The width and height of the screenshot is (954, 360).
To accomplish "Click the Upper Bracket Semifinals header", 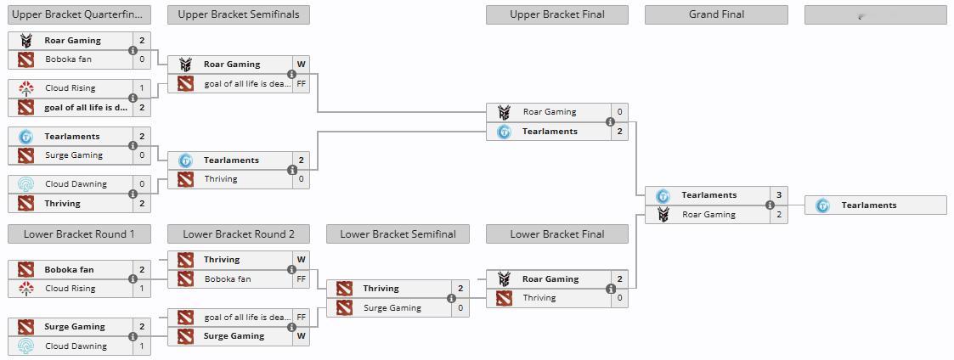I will point(239,14).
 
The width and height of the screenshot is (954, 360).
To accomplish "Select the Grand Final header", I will point(716,14).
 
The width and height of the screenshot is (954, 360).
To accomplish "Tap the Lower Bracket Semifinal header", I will point(398,234).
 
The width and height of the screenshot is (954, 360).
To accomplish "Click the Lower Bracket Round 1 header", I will point(79,234).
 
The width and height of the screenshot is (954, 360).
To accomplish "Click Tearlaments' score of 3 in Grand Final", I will point(778,195).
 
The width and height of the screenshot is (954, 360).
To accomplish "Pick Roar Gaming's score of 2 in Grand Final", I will point(778,215).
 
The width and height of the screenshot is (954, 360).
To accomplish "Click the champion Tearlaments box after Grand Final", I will point(875,205).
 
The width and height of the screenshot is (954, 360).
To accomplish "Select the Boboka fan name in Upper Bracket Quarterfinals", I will point(68,59).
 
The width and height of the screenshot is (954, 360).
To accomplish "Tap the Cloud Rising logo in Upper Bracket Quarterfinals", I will point(25,88).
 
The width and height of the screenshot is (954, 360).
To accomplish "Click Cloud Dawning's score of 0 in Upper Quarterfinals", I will point(142,184).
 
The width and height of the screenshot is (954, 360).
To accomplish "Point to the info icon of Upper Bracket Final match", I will point(610,121).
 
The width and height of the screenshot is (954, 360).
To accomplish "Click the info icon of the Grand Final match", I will point(770,205).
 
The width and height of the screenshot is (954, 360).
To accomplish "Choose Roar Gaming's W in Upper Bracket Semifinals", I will point(301,65).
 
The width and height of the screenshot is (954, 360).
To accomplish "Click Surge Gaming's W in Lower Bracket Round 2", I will point(301,336).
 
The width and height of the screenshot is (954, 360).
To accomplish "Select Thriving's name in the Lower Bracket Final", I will point(539,298).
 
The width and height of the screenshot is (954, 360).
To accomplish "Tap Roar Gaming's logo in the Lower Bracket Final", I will point(504,279).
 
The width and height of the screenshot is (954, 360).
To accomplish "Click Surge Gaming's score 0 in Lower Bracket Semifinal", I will point(460,308).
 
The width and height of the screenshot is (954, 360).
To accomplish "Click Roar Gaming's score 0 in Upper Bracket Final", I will point(619,112).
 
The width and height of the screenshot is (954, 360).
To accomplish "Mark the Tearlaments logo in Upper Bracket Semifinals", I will point(185,160).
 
